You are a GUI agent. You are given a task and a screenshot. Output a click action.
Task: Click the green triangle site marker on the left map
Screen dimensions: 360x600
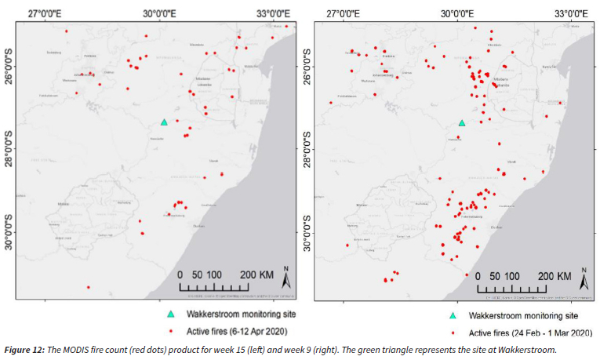pyautogui.click(x=164, y=122)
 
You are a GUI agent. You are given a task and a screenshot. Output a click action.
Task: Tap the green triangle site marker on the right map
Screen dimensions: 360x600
pyautogui.click(x=462, y=123)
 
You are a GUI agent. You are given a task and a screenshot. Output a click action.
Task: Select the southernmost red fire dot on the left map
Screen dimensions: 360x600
pyautogui.click(x=88, y=287)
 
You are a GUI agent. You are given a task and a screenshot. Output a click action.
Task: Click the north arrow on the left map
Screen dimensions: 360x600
pyautogui.click(x=287, y=278)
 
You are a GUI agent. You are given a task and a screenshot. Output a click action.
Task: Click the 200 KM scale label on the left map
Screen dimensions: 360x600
pyautogui.click(x=256, y=275)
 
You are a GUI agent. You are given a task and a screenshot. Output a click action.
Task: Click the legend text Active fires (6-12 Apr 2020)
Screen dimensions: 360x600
pyautogui.click(x=237, y=329)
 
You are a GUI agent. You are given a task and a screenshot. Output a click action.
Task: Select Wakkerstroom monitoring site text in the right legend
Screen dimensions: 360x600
pyautogui.click(x=522, y=315)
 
